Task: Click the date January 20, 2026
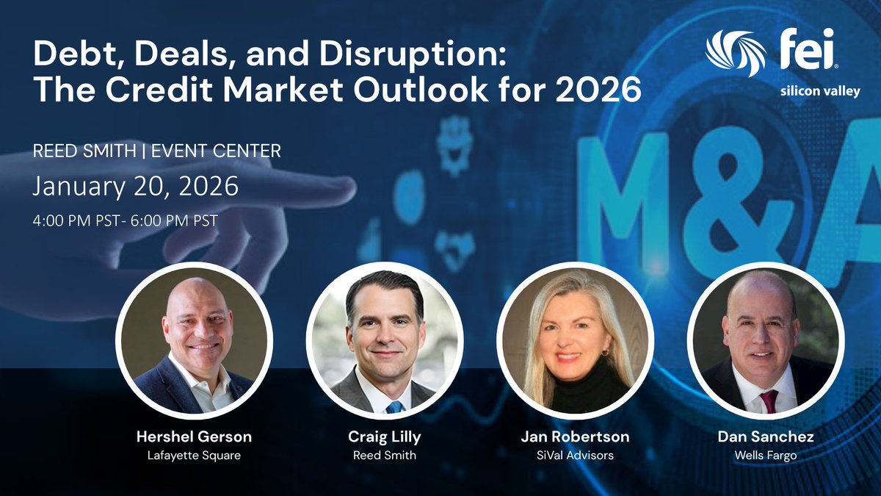tap(135, 186)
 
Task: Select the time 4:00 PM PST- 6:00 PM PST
tap(125, 220)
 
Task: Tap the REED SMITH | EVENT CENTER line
tap(156, 151)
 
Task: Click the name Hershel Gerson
tap(194, 436)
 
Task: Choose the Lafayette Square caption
tap(194, 456)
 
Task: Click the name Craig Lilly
tap(384, 436)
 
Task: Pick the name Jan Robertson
tap(575, 436)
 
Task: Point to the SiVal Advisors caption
tap(575, 456)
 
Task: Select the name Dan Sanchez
tap(765, 436)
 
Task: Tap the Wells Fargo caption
tap(765, 456)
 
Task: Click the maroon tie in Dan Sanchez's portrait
tap(768, 401)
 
